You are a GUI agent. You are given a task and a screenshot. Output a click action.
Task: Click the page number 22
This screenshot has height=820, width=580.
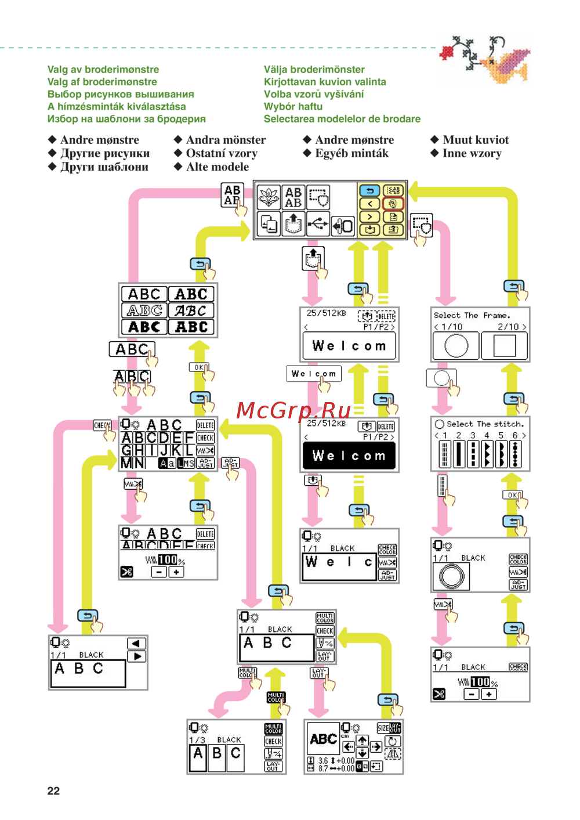tap(53, 790)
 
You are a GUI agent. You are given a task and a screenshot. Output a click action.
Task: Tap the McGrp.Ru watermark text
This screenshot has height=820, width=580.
tap(293, 411)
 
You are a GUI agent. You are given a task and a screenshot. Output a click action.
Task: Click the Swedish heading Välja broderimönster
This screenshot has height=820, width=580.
tap(314, 69)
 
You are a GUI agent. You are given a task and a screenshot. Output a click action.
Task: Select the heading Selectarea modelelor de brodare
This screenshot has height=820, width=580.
tap(342, 119)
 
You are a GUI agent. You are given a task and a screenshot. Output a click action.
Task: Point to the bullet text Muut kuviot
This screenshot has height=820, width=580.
tap(476, 140)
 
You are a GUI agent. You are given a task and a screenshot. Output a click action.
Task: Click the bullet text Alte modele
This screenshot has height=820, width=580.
tap(217, 167)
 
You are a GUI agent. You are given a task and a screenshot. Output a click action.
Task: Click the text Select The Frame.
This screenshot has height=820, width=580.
tap(472, 315)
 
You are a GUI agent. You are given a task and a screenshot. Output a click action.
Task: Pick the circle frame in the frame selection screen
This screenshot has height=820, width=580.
tap(456, 346)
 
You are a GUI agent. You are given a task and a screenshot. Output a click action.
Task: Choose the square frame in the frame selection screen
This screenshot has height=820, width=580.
tap(505, 346)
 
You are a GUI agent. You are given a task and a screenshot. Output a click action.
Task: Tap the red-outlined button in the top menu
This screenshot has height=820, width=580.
tap(393, 204)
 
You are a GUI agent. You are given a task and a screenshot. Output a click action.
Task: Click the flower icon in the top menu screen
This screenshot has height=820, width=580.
tap(269, 197)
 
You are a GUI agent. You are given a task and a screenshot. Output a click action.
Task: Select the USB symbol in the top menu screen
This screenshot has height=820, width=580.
tap(318, 224)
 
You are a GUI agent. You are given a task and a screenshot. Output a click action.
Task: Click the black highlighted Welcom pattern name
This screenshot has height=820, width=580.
tap(349, 456)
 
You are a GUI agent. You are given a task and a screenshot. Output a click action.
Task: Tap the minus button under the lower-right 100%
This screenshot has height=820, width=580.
tap(472, 694)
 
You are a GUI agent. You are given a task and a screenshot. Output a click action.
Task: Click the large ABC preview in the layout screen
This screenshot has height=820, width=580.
tap(323, 739)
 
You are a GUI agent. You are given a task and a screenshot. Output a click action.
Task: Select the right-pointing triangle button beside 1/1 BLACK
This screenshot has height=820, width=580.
tap(137, 656)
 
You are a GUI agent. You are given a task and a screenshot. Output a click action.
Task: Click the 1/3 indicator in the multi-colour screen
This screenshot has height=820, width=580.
tap(197, 740)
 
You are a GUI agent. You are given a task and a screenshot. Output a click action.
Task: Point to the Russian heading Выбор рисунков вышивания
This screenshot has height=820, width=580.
tap(121, 94)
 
